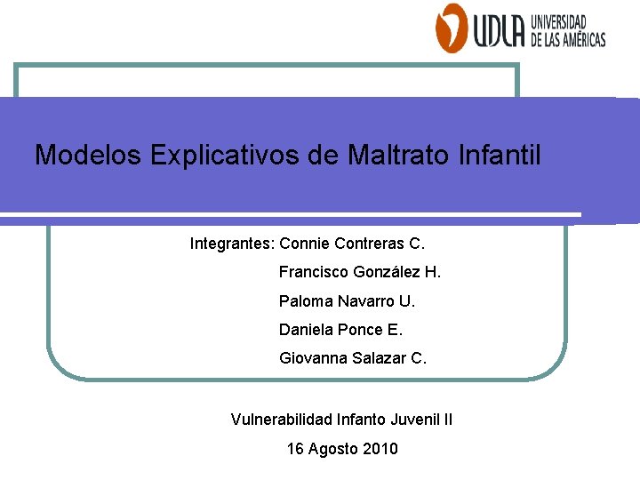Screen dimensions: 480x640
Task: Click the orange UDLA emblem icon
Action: click(451, 28)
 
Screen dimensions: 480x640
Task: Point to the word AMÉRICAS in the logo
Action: click(579, 39)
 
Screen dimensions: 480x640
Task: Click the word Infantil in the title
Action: click(500, 156)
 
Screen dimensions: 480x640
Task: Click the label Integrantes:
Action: click(232, 243)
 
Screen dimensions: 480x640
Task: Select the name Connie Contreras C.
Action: click(353, 243)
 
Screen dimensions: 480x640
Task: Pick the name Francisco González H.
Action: click(359, 272)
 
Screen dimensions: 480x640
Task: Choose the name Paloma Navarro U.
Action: click(347, 301)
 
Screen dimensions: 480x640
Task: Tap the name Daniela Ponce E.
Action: click(340, 330)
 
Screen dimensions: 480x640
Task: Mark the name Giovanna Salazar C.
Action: click(353, 359)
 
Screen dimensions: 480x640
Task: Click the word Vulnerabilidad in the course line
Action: click(276, 419)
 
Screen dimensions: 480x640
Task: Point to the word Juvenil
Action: click(413, 419)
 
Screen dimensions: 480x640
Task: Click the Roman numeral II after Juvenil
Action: click(448, 419)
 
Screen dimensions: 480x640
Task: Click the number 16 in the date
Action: click(295, 449)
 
